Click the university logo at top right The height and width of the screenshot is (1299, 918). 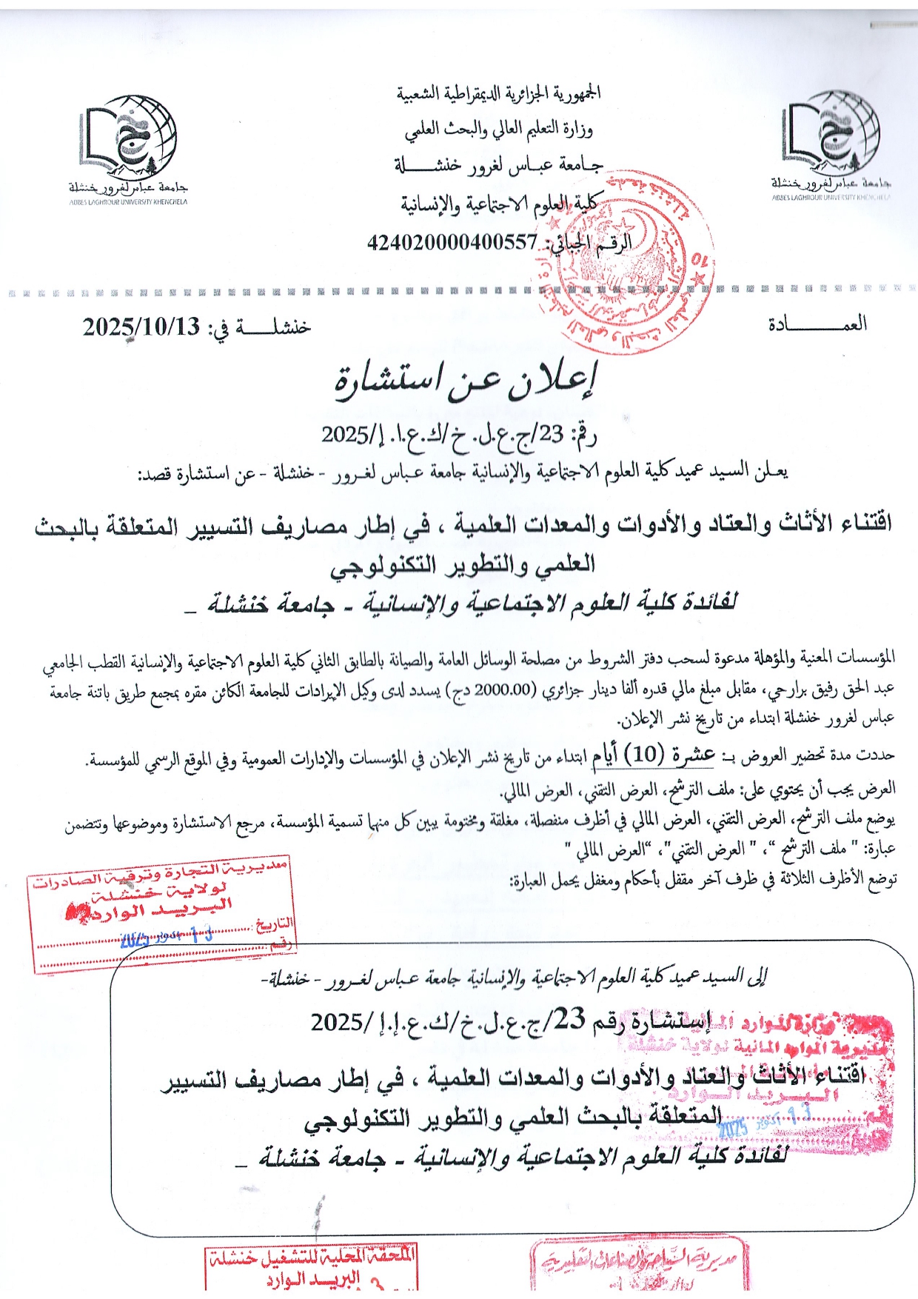831,137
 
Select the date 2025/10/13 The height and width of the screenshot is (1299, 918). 141,327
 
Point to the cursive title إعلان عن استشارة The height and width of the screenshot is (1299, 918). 464,381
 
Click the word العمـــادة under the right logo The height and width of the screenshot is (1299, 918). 817,324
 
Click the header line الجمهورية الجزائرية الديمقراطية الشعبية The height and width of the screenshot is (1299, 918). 498,93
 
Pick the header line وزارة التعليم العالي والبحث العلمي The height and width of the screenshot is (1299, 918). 498,130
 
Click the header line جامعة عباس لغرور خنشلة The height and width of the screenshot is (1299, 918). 498,165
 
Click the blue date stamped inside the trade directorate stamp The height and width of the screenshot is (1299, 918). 167,938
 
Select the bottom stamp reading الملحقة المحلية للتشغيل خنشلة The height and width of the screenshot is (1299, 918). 312,1268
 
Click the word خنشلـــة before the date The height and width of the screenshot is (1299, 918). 271,327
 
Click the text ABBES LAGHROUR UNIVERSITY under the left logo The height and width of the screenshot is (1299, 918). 128,201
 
